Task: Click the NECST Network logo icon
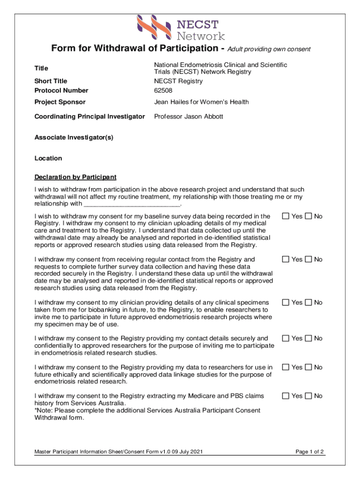(x=154, y=28)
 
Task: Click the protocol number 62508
(x=164, y=90)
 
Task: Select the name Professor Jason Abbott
(x=188, y=116)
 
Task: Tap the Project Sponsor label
(x=60, y=102)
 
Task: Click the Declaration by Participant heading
(x=75, y=177)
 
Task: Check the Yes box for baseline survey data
(x=285, y=216)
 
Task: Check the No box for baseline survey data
(x=308, y=216)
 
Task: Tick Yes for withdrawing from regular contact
(x=285, y=259)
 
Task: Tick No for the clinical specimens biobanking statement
(x=308, y=302)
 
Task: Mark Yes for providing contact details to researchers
(x=285, y=338)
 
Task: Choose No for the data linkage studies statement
(x=308, y=367)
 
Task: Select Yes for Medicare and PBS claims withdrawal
(x=285, y=396)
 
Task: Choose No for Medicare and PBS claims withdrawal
(x=308, y=396)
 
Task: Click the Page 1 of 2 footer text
(x=310, y=452)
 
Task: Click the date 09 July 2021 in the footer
(x=186, y=452)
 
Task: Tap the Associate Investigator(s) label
(x=74, y=138)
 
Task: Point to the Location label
(x=48, y=158)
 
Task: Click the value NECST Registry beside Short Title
(x=178, y=81)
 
